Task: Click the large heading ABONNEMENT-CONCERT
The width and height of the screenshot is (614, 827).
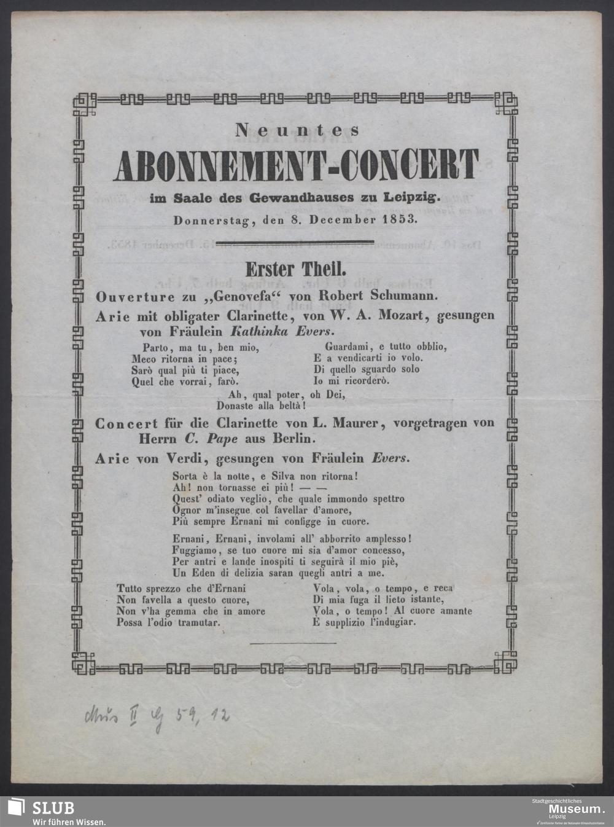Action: coord(297,164)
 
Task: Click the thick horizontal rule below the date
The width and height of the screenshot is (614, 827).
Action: coord(296,241)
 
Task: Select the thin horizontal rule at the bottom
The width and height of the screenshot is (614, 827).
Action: coord(293,643)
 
